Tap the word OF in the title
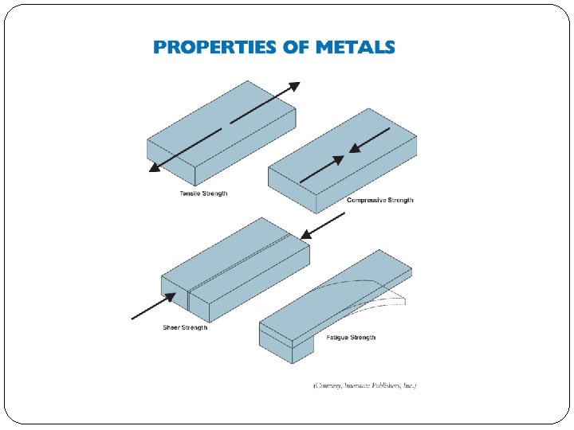(295, 47)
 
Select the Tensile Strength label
(202, 193)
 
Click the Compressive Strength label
(380, 200)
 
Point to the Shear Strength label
(185, 327)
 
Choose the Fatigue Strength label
(351, 338)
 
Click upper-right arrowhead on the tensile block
(294, 86)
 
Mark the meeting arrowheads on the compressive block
(344, 157)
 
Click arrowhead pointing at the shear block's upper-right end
(305, 234)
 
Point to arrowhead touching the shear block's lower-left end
(169, 298)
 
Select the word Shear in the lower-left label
(171, 327)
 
